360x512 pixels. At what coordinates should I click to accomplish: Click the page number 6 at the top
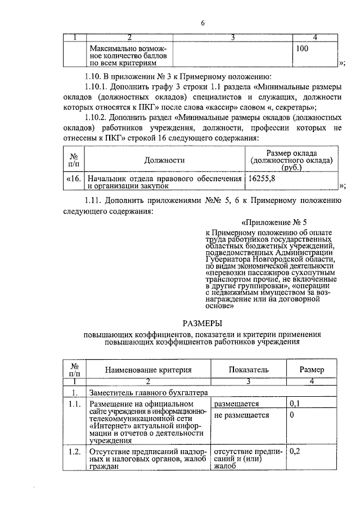tap(204, 23)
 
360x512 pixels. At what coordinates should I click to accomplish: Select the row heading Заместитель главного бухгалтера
tap(148, 392)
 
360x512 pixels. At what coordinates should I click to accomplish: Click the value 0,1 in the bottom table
tap(294, 404)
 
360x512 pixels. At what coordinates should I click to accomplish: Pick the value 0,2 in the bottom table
tap(294, 451)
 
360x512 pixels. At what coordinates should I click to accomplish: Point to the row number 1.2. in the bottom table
tap(74, 451)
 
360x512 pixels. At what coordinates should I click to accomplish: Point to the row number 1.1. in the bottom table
tap(74, 404)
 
